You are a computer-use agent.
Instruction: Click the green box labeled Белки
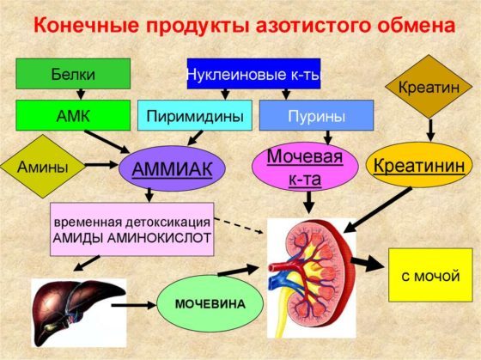click(73, 74)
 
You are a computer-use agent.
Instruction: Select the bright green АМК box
click(73, 115)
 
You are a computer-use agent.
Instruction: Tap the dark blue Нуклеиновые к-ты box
click(253, 74)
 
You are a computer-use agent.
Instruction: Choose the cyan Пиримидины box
click(195, 115)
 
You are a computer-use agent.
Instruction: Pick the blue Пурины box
click(317, 115)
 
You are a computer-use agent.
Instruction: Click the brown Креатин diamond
click(429, 87)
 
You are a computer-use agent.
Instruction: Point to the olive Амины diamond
click(43, 167)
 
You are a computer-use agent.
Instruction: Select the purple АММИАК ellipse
click(172, 168)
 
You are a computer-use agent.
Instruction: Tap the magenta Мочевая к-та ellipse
click(305, 168)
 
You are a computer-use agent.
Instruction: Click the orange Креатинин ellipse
click(419, 165)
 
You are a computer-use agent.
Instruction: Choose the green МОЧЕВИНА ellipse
click(210, 303)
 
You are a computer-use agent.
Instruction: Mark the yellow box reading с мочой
click(430, 275)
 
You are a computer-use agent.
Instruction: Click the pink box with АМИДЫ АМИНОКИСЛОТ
click(132, 229)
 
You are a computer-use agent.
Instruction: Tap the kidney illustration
click(311, 278)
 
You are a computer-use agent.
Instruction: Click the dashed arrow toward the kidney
click(239, 226)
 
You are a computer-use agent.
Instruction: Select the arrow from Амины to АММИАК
click(101, 165)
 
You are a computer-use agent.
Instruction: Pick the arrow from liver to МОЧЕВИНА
click(134, 305)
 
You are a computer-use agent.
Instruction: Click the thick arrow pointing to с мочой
click(368, 264)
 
